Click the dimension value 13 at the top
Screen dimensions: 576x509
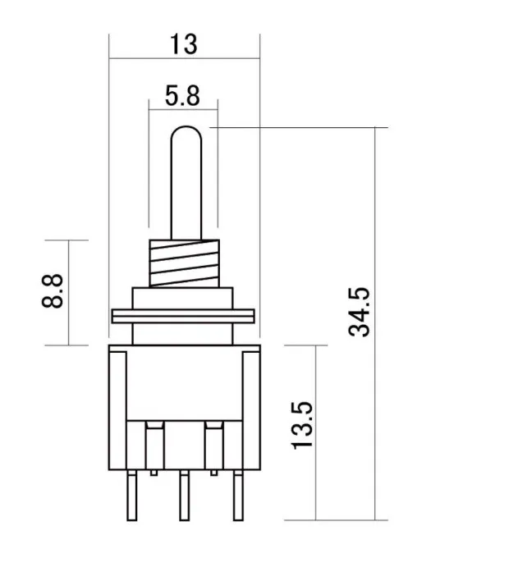point(184,43)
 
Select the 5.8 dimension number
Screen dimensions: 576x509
point(182,96)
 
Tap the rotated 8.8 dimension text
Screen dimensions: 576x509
point(53,291)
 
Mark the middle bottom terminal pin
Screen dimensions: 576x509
point(183,496)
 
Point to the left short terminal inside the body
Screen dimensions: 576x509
point(153,447)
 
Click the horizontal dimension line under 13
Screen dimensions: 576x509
point(184,58)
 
